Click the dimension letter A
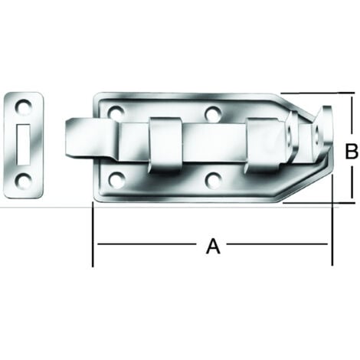(213, 246)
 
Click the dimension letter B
(352, 151)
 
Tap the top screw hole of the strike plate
(24, 106)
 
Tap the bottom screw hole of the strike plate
(23, 180)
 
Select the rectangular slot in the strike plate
(24, 144)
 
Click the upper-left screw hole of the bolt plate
(116, 112)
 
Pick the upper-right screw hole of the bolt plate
(214, 113)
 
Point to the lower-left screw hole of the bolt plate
(116, 178)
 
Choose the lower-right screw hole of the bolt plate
(214, 178)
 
